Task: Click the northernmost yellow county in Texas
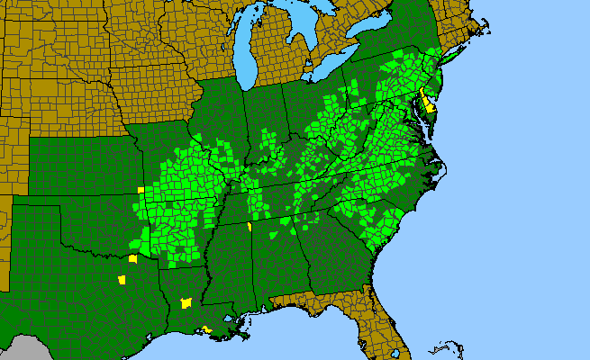pos(132,258)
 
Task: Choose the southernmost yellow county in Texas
pos(122,280)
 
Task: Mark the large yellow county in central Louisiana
pos(186,303)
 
